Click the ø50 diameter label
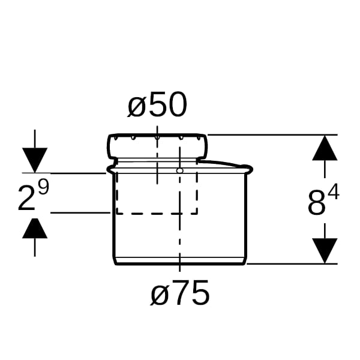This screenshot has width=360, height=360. [x=157, y=104]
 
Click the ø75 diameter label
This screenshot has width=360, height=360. [x=180, y=293]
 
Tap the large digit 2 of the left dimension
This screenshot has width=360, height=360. [x=27, y=198]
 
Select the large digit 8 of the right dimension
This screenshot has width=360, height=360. [x=317, y=203]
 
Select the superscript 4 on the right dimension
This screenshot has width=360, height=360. [x=334, y=192]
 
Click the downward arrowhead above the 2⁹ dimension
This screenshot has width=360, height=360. [x=35, y=160]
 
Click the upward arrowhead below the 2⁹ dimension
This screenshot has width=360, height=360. [x=35, y=228]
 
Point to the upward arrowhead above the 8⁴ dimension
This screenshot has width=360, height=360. [x=325, y=148]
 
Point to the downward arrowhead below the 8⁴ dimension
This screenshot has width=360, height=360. [x=325, y=251]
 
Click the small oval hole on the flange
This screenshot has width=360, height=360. [x=180, y=170]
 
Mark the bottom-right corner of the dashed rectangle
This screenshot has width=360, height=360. [x=197, y=214]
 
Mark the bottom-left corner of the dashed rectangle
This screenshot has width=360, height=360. [x=116, y=214]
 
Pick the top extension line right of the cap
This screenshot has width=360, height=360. [x=272, y=135]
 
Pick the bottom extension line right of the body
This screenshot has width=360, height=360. [x=292, y=264]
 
